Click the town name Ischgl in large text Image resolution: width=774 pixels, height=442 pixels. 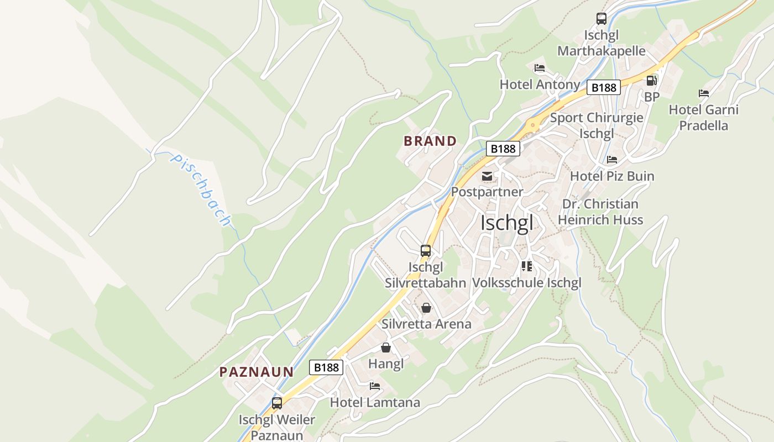click(x=507, y=223)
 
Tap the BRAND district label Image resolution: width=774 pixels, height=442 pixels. click(x=430, y=141)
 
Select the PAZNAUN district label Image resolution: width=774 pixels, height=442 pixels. click(x=257, y=372)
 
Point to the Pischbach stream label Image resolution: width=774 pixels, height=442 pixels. click(x=201, y=190)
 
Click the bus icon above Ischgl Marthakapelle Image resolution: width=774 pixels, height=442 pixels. click(x=602, y=19)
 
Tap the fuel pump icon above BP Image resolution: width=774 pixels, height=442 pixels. click(x=652, y=81)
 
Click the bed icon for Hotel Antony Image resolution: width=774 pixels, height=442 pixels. click(x=540, y=68)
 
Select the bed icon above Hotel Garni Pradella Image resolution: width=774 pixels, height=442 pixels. click(x=704, y=93)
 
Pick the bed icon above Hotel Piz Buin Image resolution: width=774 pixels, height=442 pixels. click(x=612, y=160)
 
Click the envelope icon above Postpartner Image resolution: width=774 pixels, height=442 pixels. click(x=487, y=176)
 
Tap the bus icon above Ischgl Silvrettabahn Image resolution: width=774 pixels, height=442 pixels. click(x=425, y=251)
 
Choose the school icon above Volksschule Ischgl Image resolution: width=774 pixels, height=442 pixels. click(x=526, y=266)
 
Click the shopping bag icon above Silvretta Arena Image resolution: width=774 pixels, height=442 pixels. click(x=426, y=308)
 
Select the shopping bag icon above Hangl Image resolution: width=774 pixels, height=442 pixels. click(x=386, y=348)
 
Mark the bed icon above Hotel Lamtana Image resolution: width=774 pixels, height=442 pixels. click(x=375, y=386)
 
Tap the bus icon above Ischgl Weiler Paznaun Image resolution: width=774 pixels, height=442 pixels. click(x=277, y=403)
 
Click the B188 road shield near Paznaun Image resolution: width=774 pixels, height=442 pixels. click(x=326, y=367)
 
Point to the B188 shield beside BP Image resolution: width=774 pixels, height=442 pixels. click(x=604, y=87)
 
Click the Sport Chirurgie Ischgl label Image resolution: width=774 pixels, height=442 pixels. click(x=597, y=125)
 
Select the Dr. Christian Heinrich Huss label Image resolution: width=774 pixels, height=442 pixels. click(x=600, y=212)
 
